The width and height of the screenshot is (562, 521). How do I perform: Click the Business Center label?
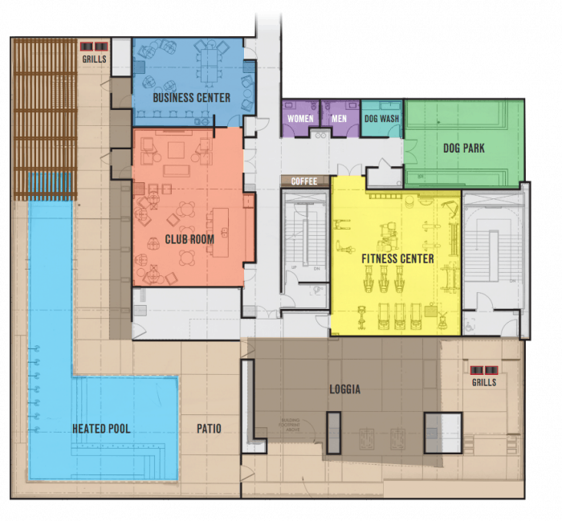[x=192, y=98]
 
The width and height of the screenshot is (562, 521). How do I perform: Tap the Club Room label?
[x=189, y=239]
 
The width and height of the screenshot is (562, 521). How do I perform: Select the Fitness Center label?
[x=397, y=258]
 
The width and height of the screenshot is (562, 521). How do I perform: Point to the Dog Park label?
[x=464, y=149]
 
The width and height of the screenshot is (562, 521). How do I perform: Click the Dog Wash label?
[x=381, y=119]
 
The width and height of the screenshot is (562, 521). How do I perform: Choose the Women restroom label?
[x=300, y=119]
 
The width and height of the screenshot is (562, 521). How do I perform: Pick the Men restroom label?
[x=340, y=119]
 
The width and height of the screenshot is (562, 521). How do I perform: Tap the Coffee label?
[x=305, y=181]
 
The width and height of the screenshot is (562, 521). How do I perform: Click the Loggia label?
[x=345, y=390]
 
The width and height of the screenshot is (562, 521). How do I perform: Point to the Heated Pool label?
[x=101, y=429]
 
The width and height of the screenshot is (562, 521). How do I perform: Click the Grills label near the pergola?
[x=94, y=59]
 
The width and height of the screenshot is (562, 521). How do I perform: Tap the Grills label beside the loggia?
[x=484, y=382]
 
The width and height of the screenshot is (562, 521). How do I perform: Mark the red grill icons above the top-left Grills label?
[x=94, y=47]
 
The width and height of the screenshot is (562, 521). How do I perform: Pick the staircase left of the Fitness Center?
[x=305, y=233]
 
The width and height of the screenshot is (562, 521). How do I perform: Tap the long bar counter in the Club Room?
[x=221, y=229]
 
